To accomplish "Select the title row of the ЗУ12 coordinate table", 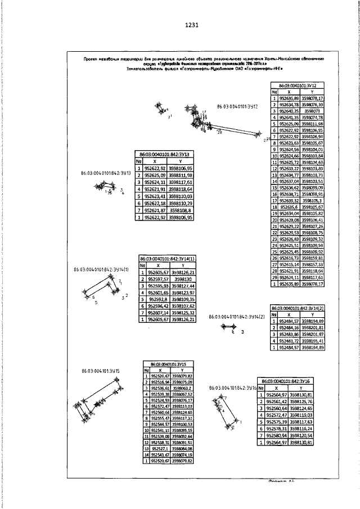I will click(298, 85).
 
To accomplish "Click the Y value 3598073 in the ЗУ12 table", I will click(312, 111).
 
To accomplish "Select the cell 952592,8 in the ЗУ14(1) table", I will click(157, 300).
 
